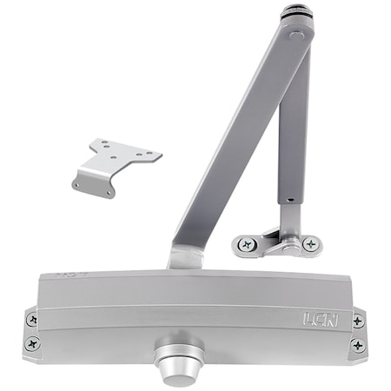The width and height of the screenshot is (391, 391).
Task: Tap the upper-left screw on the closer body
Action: point(33,319)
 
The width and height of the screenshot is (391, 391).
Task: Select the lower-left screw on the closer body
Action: point(33,341)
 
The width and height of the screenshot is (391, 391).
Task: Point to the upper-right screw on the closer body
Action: point(357,321)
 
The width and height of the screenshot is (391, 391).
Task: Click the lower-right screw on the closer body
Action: point(357,345)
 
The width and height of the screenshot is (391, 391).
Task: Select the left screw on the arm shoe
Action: point(247,245)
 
